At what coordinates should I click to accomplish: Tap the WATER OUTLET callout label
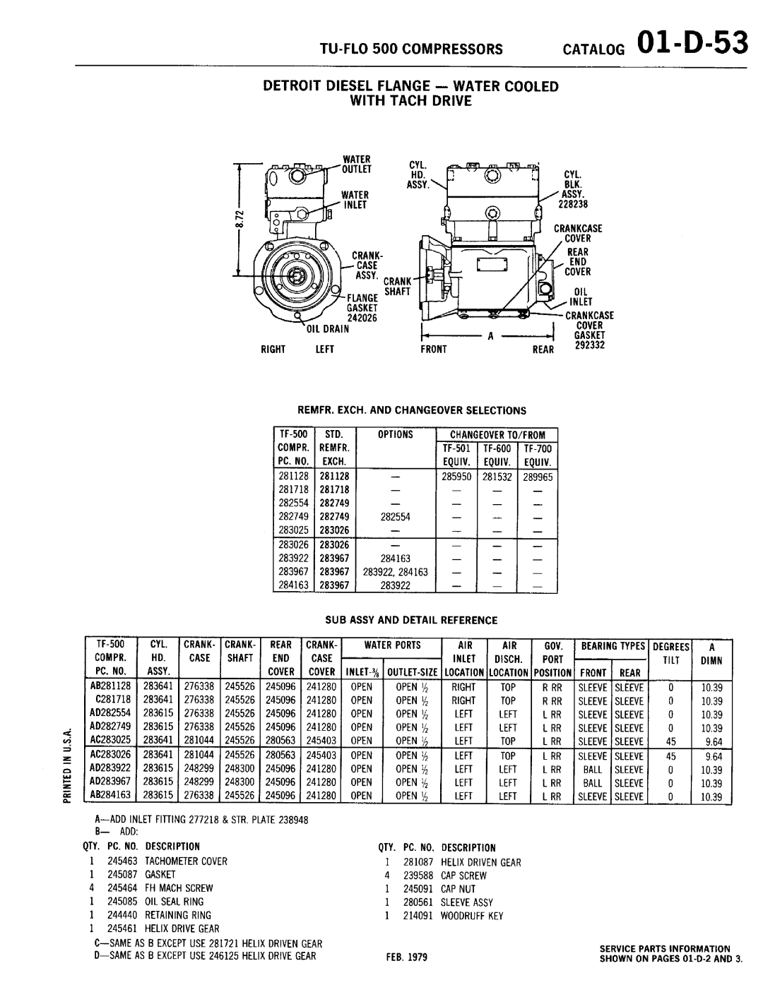click(x=356, y=164)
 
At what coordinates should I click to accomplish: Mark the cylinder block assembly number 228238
click(x=574, y=205)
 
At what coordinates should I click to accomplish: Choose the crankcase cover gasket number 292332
click(x=584, y=346)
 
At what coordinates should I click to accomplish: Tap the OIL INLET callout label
click(x=581, y=297)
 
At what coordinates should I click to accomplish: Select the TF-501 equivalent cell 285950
click(x=457, y=477)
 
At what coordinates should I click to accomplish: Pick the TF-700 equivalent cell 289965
click(x=538, y=477)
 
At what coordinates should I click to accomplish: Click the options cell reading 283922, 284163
click(x=395, y=572)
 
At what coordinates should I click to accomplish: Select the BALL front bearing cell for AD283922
click(x=592, y=770)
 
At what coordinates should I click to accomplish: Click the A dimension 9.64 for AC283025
click(x=713, y=742)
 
